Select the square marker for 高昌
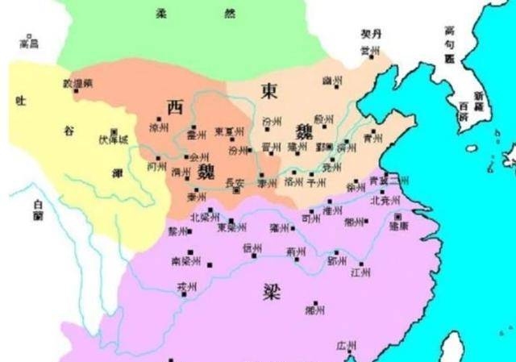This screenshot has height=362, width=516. [x=31, y=35]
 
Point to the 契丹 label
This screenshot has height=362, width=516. [x=370, y=35]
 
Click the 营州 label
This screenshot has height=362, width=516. [x=370, y=50]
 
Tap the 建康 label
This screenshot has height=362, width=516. [x=399, y=227]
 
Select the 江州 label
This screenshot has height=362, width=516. [x=360, y=272]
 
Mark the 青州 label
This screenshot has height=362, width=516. [x=372, y=137]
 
